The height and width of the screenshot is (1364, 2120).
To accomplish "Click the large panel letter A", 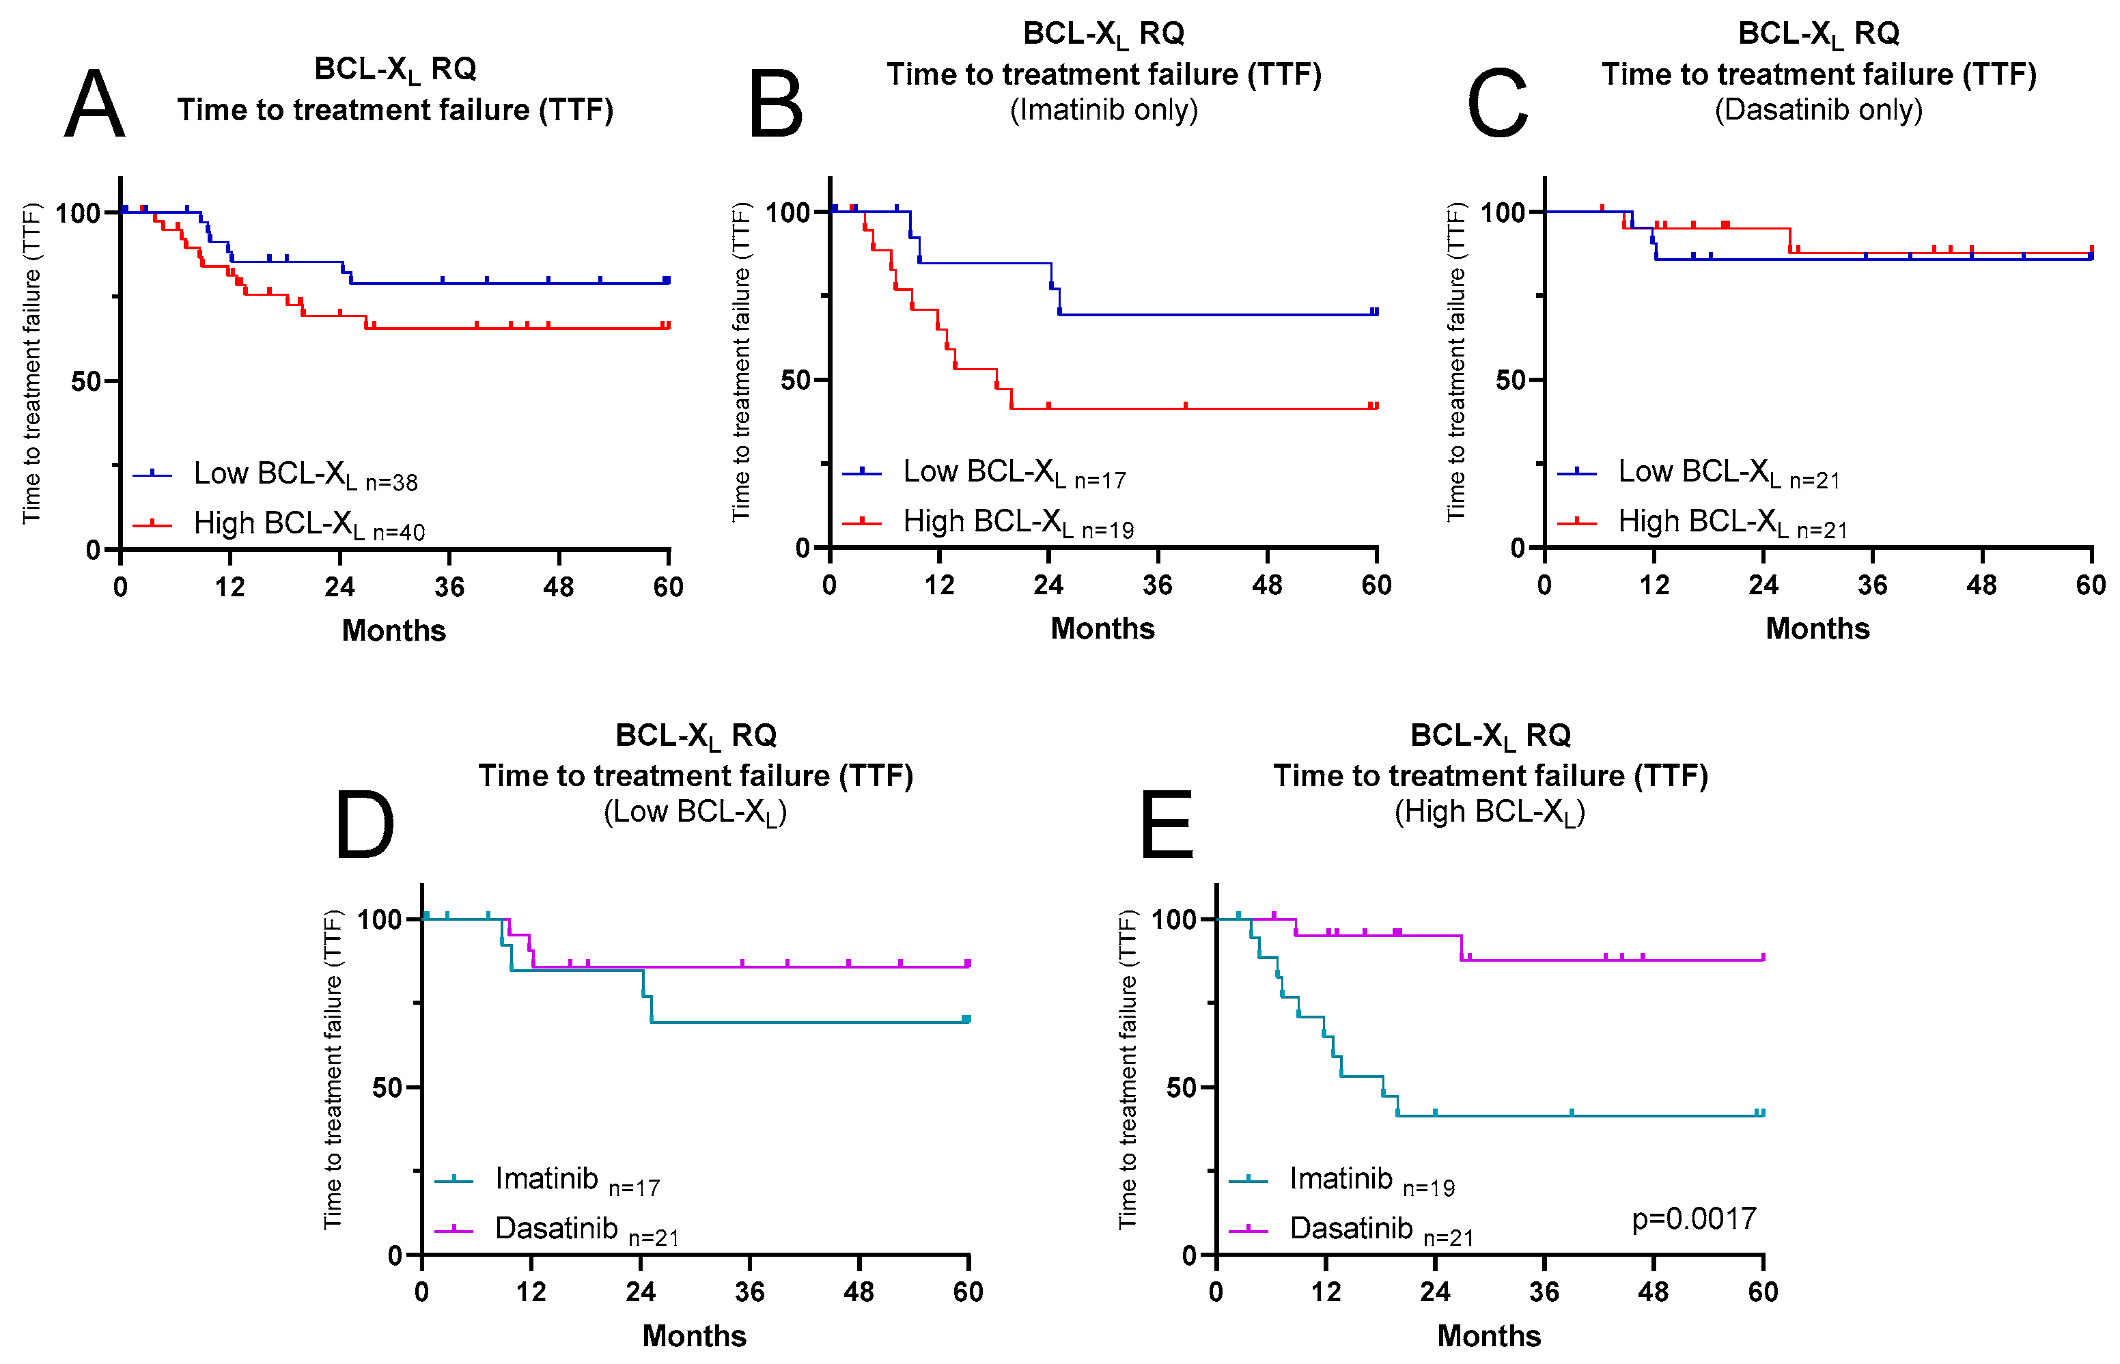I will pos(95,105).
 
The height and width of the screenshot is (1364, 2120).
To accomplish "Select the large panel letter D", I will pos(364,826).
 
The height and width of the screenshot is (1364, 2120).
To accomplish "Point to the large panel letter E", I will pos(1167,826).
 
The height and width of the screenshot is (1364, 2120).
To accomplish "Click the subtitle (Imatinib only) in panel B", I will pos(1104,110).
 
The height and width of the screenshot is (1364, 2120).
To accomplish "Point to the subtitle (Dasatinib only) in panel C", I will pos(1818,110).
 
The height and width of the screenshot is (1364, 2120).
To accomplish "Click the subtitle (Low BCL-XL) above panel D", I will pos(695,812).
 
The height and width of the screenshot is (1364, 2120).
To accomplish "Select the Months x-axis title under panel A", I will pos(394,630).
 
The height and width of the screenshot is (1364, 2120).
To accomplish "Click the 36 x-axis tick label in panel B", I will pos(1158,585).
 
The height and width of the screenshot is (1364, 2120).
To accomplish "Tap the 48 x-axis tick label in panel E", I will pos(1654,1292).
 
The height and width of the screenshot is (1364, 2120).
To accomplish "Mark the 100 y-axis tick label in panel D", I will pos(380,919).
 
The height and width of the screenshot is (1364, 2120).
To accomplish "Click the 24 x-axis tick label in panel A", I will pos(339,587).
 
